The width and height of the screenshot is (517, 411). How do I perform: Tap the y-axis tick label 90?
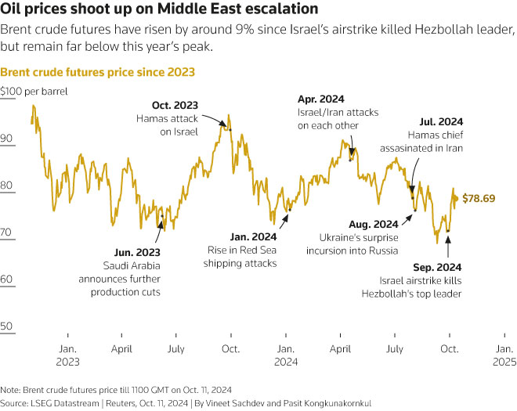(8, 139)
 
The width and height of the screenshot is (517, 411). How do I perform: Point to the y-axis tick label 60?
(8, 279)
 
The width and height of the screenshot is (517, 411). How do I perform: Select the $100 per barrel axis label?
(34, 92)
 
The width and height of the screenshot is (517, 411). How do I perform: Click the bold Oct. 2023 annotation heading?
(175, 105)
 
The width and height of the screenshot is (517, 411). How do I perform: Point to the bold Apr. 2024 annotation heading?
(320, 99)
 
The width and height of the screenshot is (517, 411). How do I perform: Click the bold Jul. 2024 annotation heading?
(441, 122)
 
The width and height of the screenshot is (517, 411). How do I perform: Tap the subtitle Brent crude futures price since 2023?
(97, 72)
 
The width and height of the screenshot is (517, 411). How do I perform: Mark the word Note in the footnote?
(10, 389)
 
